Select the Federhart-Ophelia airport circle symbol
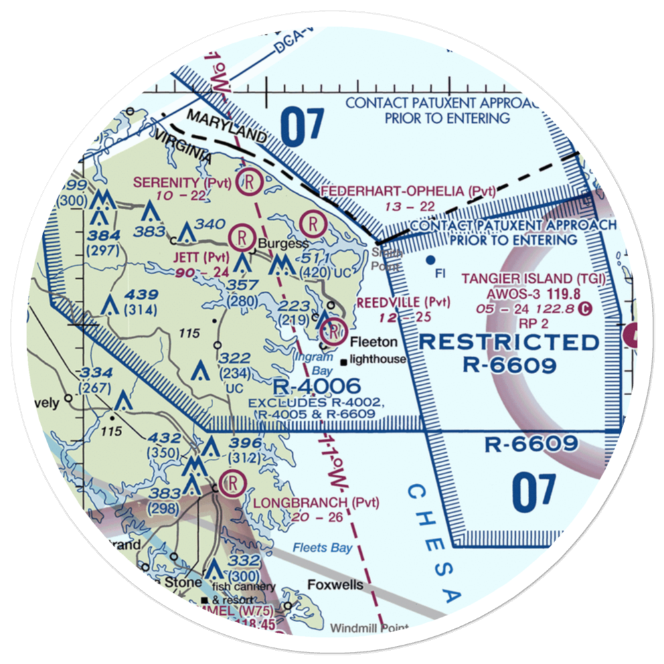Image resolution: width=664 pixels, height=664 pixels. [311, 221]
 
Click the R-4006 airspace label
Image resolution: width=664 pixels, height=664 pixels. [317, 386]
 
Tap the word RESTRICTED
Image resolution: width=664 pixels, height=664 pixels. [509, 342]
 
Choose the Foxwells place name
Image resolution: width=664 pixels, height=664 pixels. [335, 585]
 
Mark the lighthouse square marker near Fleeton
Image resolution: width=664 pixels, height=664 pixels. [343, 363]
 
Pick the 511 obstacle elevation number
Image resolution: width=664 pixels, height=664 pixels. [311, 258]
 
